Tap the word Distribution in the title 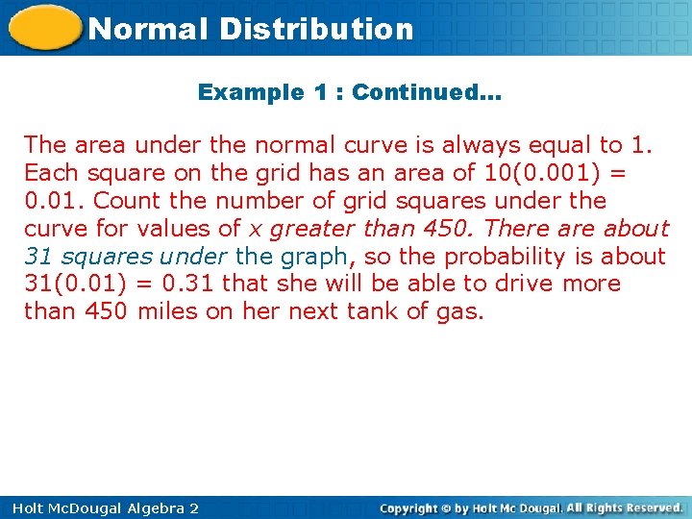[316, 29]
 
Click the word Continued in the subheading [422, 93]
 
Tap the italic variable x [256, 229]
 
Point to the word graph [313, 257]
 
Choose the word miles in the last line [167, 311]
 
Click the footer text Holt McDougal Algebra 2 [100, 507]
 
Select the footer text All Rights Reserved [625, 507]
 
